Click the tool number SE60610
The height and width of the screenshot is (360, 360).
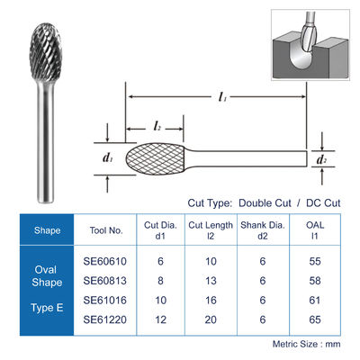tap(105, 261)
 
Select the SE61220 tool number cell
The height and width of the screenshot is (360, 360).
tap(105, 319)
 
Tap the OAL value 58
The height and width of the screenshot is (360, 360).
tap(315, 281)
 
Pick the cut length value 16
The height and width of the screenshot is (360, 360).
tap(211, 301)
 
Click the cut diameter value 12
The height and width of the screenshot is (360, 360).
tap(160, 319)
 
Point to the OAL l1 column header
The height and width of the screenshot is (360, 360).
tap(315, 230)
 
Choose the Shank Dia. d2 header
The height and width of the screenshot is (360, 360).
tap(263, 230)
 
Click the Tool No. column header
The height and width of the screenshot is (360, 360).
tap(106, 230)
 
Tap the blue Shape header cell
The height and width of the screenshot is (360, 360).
tap(47, 230)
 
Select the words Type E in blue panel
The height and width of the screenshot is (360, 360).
tap(47, 308)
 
